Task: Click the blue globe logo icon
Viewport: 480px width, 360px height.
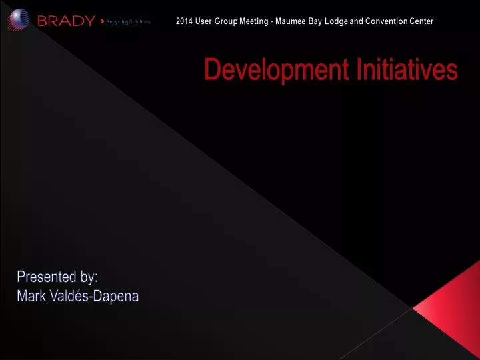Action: [19, 19]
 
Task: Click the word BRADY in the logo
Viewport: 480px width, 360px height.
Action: [66, 21]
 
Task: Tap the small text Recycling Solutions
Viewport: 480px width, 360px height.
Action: [129, 22]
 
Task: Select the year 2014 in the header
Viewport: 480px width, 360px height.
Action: [184, 21]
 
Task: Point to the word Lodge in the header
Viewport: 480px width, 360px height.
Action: [335, 21]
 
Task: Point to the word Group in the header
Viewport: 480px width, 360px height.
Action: [221, 21]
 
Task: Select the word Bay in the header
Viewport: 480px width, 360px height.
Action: [315, 21]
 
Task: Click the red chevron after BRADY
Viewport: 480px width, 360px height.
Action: [101, 21]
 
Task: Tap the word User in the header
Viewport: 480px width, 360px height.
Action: [203, 21]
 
